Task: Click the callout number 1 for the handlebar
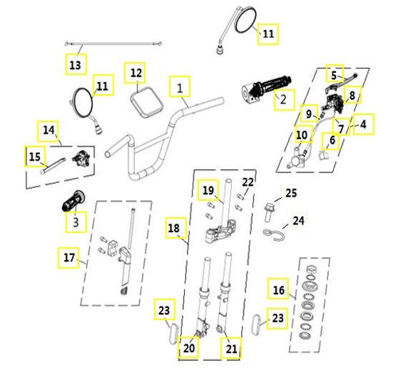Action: coord(180,88)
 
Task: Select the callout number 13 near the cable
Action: coord(75,65)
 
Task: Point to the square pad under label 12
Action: coord(147,102)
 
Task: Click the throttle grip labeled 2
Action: coord(267,89)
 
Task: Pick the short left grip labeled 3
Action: coord(73,201)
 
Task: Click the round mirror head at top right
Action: coord(245,20)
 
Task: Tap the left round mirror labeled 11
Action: coord(83,102)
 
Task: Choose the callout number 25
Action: coord(291,193)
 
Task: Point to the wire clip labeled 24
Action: coord(274,234)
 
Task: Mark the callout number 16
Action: coord(279,290)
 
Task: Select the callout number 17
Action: coord(69,258)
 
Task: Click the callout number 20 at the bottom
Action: coord(189,348)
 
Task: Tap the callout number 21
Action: coord(231,349)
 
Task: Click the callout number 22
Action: coord(248,182)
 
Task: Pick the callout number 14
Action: coord(49,130)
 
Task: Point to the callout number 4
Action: coord(364,124)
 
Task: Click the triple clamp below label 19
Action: coord(220,232)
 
